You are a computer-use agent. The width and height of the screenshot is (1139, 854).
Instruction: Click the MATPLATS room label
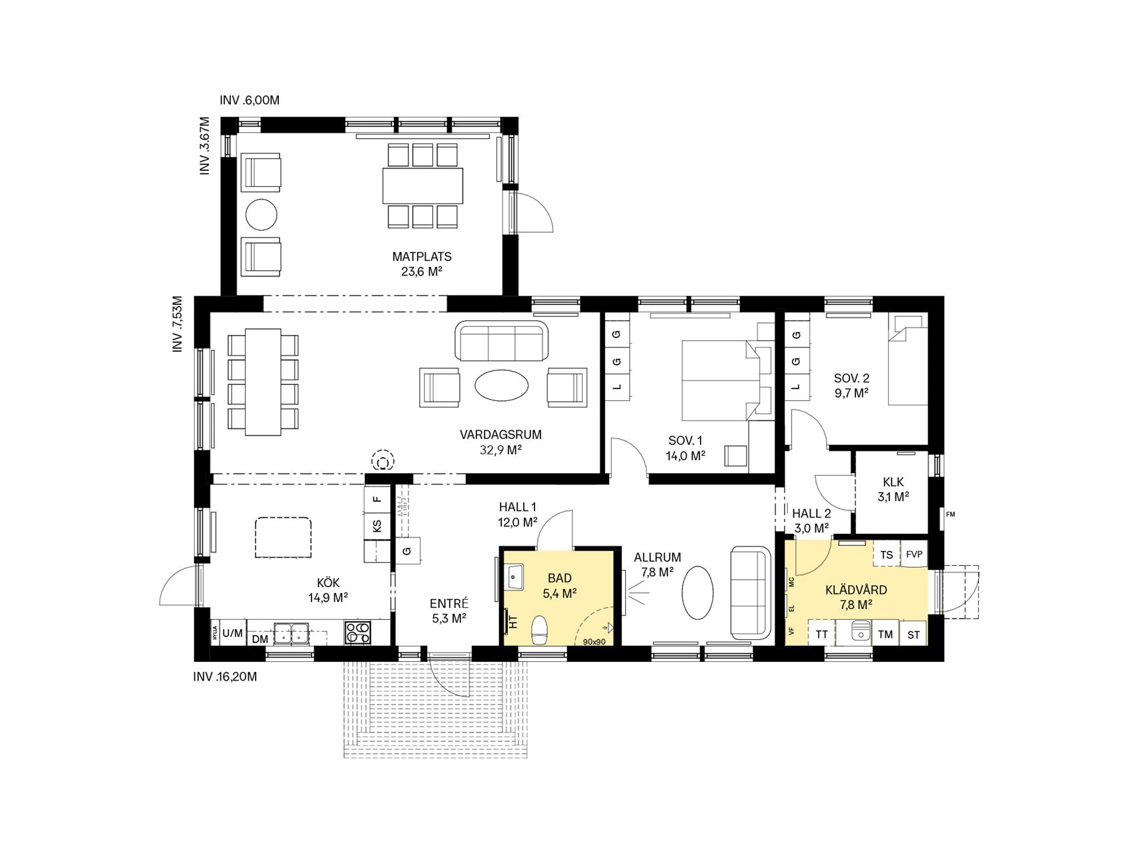(x=422, y=256)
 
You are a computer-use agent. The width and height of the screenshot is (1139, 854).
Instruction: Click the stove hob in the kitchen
(x=358, y=632)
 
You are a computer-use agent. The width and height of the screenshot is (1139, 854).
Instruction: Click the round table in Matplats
(x=261, y=215)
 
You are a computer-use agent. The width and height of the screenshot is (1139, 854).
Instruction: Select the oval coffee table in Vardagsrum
(x=502, y=386)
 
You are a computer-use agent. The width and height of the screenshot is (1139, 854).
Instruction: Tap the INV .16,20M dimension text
(x=225, y=677)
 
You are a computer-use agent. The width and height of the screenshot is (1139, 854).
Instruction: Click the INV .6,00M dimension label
(x=249, y=101)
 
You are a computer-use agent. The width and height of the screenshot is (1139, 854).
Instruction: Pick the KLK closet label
(x=893, y=482)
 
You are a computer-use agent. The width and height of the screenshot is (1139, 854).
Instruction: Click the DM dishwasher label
(x=260, y=638)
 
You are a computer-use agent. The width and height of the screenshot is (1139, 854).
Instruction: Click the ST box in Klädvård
(x=913, y=634)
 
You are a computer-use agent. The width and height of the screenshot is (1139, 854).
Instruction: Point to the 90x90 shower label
(x=594, y=642)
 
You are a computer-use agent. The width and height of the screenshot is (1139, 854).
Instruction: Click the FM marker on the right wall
(x=950, y=514)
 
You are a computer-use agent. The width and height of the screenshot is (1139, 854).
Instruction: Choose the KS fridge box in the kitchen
(x=377, y=526)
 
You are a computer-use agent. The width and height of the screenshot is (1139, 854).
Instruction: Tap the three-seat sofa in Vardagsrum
(x=502, y=341)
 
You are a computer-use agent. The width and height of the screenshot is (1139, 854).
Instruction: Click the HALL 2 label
(x=811, y=513)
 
